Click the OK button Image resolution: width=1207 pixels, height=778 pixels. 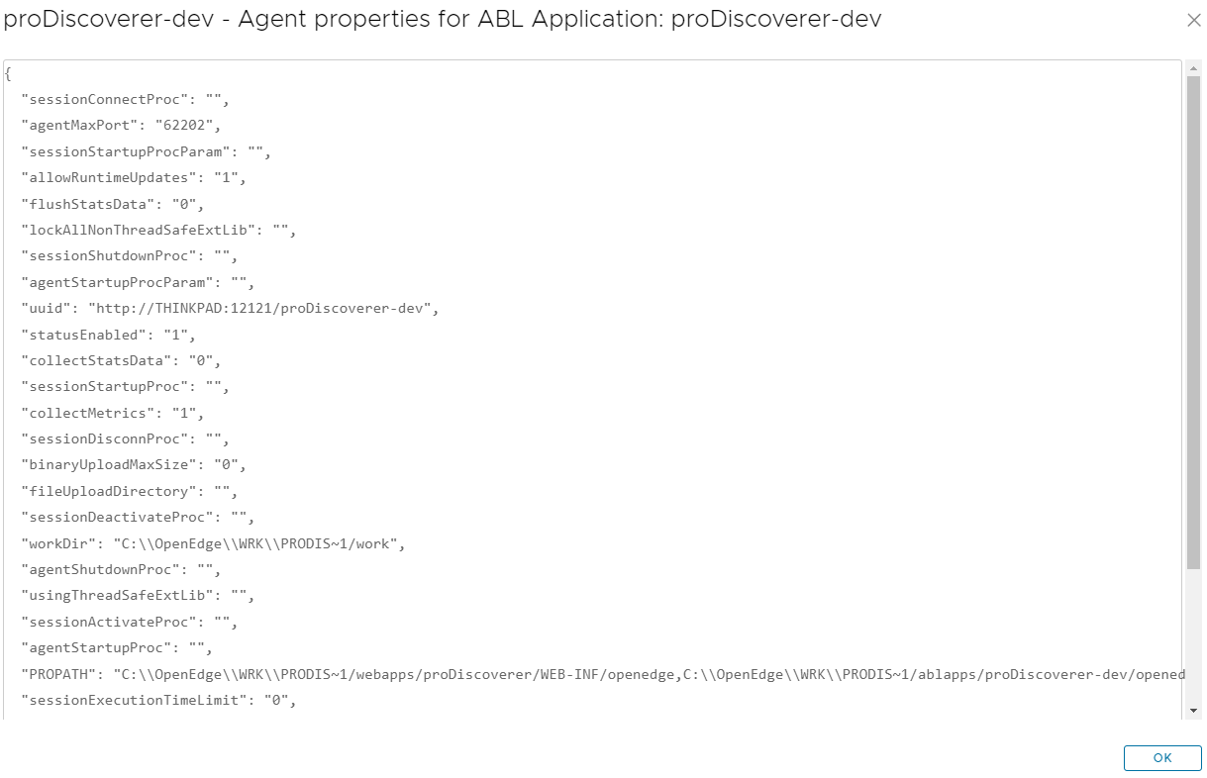click(x=1162, y=758)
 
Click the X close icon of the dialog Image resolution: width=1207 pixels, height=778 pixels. click(x=1193, y=21)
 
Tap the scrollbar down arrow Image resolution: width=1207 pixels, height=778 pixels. click(x=1193, y=710)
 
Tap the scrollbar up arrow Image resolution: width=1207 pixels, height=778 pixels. click(x=1193, y=68)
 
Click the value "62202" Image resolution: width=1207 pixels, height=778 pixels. click(x=186, y=126)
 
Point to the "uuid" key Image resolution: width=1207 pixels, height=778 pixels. click(x=50, y=308)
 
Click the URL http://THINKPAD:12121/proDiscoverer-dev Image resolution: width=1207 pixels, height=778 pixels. click(x=262, y=308)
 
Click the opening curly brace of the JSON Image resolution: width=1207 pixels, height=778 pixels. click(x=8, y=74)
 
